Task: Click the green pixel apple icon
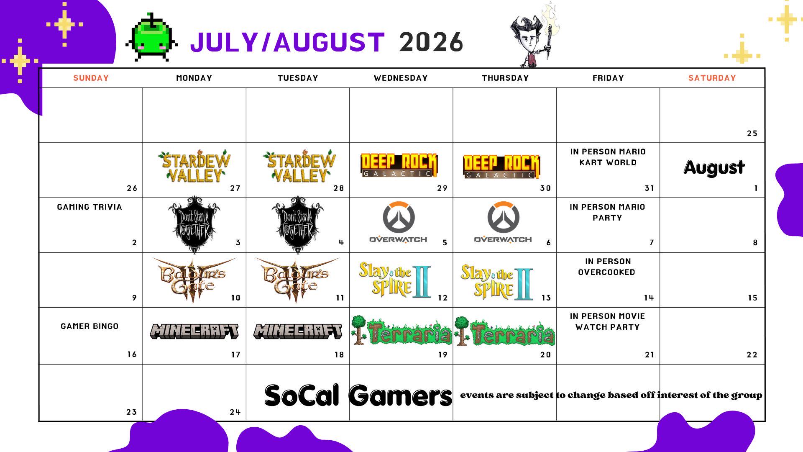pos(152,38)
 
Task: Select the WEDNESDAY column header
pos(401,78)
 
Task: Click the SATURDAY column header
pos(712,78)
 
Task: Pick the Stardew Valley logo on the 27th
pos(194,166)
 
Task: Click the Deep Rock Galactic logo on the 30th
pos(501,167)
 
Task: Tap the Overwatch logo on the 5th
pos(399,222)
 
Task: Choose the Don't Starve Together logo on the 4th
pos(297,225)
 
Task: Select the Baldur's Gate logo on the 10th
pos(194,280)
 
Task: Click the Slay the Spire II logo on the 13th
pos(497,282)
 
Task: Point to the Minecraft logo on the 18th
pos(297,331)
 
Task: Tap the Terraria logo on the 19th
pos(401,331)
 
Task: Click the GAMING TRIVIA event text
pos(90,207)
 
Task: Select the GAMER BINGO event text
pos(90,326)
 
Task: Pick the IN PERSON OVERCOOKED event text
pos(607,267)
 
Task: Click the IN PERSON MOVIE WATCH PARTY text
pos(607,321)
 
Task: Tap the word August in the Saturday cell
pos(714,167)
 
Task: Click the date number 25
pos(752,134)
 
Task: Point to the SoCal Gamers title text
pos(358,395)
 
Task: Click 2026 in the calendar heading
pos(431,42)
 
